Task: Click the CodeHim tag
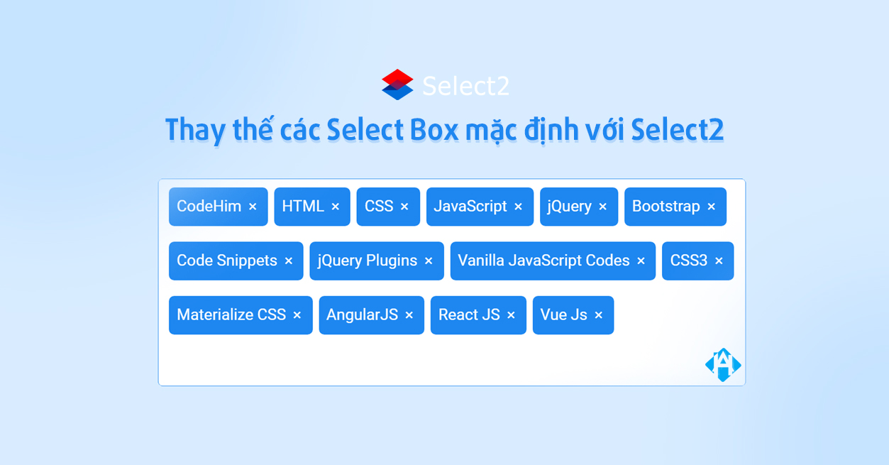pyautogui.click(x=209, y=207)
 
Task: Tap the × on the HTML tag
pyautogui.click(x=336, y=207)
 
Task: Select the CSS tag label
pyautogui.click(x=379, y=207)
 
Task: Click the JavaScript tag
pyautogui.click(x=470, y=207)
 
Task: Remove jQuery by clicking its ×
pyautogui.click(x=603, y=207)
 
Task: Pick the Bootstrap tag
pyautogui.click(x=666, y=207)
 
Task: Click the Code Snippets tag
pyautogui.click(x=227, y=261)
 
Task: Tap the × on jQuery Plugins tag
pyautogui.click(x=429, y=261)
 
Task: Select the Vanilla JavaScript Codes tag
pyautogui.click(x=543, y=261)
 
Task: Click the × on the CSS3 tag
pyautogui.click(x=719, y=261)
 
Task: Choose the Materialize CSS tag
pyautogui.click(x=231, y=314)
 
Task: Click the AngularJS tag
pyautogui.click(x=362, y=314)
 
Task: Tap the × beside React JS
pyautogui.click(x=511, y=315)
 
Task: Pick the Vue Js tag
pyautogui.click(x=563, y=314)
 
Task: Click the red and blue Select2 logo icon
pyautogui.click(x=397, y=84)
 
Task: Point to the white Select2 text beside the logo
pyautogui.click(x=465, y=86)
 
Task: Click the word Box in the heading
pyautogui.click(x=434, y=130)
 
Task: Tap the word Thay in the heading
pyautogui.click(x=195, y=131)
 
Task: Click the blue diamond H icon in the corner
pyautogui.click(x=723, y=365)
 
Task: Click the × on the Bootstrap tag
pyautogui.click(x=712, y=207)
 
